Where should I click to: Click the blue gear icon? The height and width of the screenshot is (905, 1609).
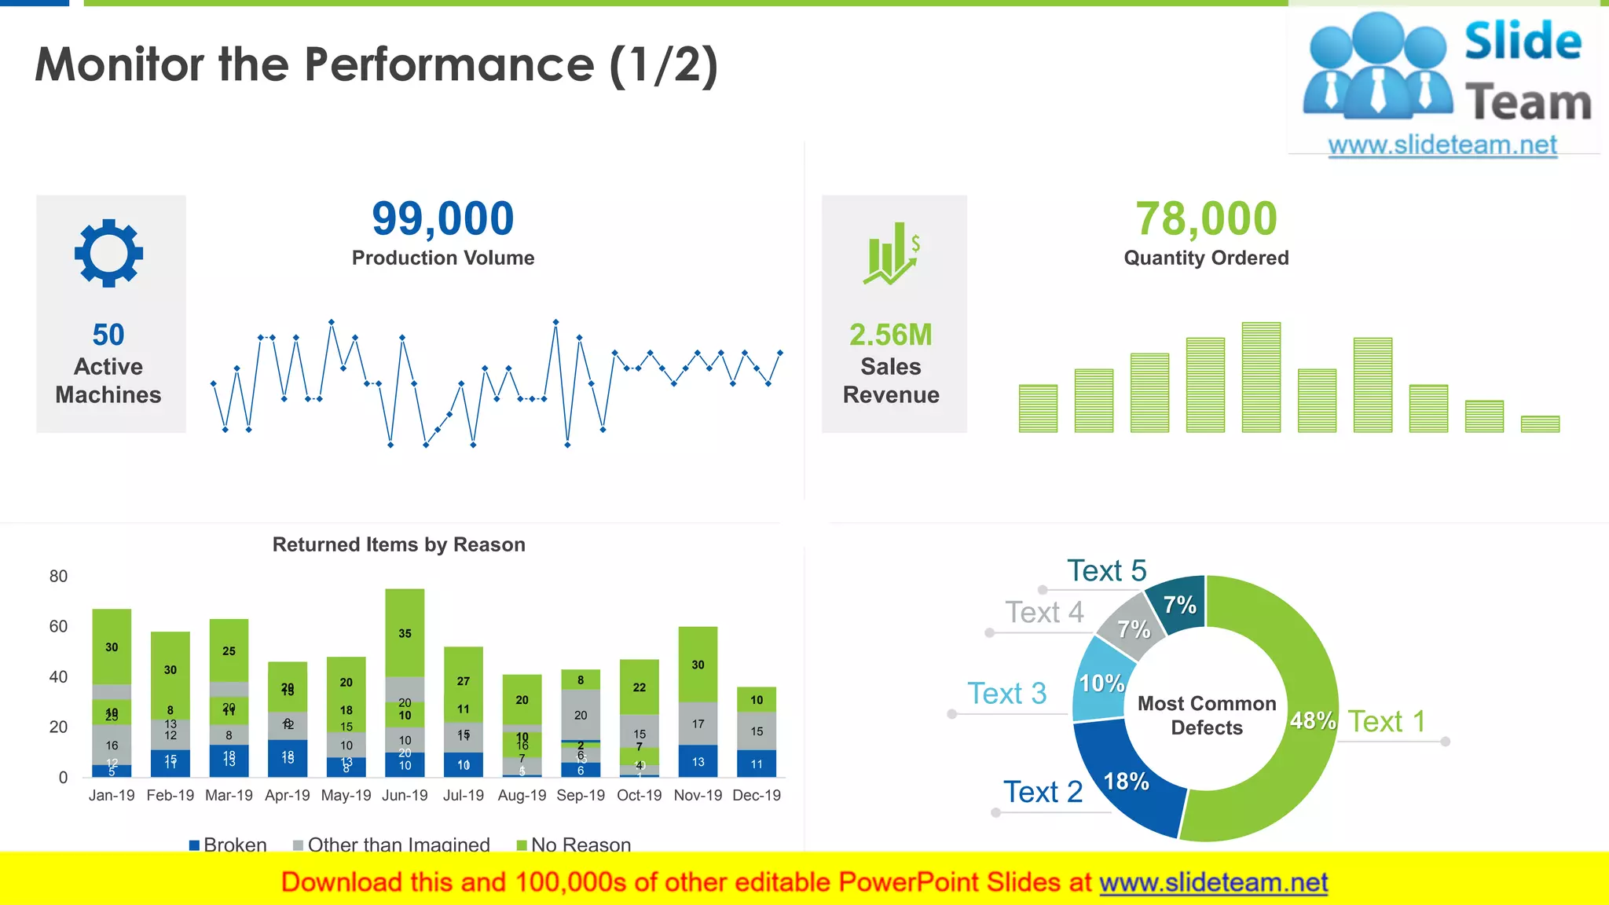coord(108,252)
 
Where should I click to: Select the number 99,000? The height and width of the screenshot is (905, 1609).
coord(443,218)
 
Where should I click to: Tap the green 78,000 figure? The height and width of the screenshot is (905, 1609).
coord(1206,218)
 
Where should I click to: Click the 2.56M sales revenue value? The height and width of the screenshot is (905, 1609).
coord(890,335)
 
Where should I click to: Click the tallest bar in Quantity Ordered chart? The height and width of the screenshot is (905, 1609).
coord(1261,377)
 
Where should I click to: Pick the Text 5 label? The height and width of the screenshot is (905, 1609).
coord(1106,570)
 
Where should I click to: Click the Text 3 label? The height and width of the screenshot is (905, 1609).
coord(1006,694)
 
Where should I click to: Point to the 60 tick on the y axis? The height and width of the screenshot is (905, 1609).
coord(58,626)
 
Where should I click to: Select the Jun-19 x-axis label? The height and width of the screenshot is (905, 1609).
coord(405,795)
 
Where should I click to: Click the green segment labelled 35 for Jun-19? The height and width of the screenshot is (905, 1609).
coord(405,632)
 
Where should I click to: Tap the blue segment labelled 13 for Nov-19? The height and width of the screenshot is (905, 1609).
coord(698,761)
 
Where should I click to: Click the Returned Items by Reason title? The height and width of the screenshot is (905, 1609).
coord(398,544)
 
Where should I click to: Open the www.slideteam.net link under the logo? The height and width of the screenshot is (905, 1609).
coord(1442,145)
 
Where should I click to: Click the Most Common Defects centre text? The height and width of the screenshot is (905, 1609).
coord(1207,715)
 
